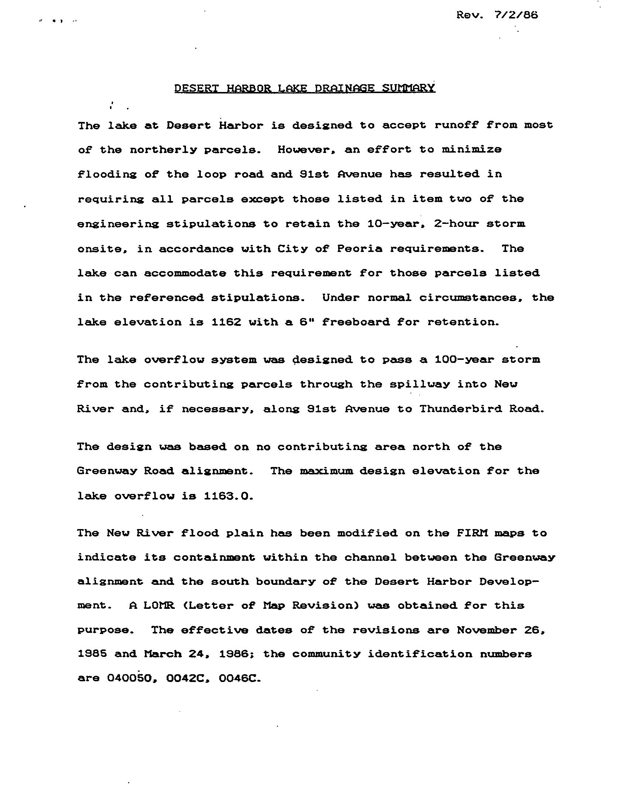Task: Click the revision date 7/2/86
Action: pos(516,15)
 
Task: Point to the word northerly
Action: pos(163,150)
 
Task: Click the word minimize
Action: pos(472,150)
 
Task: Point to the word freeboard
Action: pos(355,322)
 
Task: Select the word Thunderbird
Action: pos(460,409)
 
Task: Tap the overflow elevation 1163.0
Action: pos(229,496)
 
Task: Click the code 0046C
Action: pos(240,679)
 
